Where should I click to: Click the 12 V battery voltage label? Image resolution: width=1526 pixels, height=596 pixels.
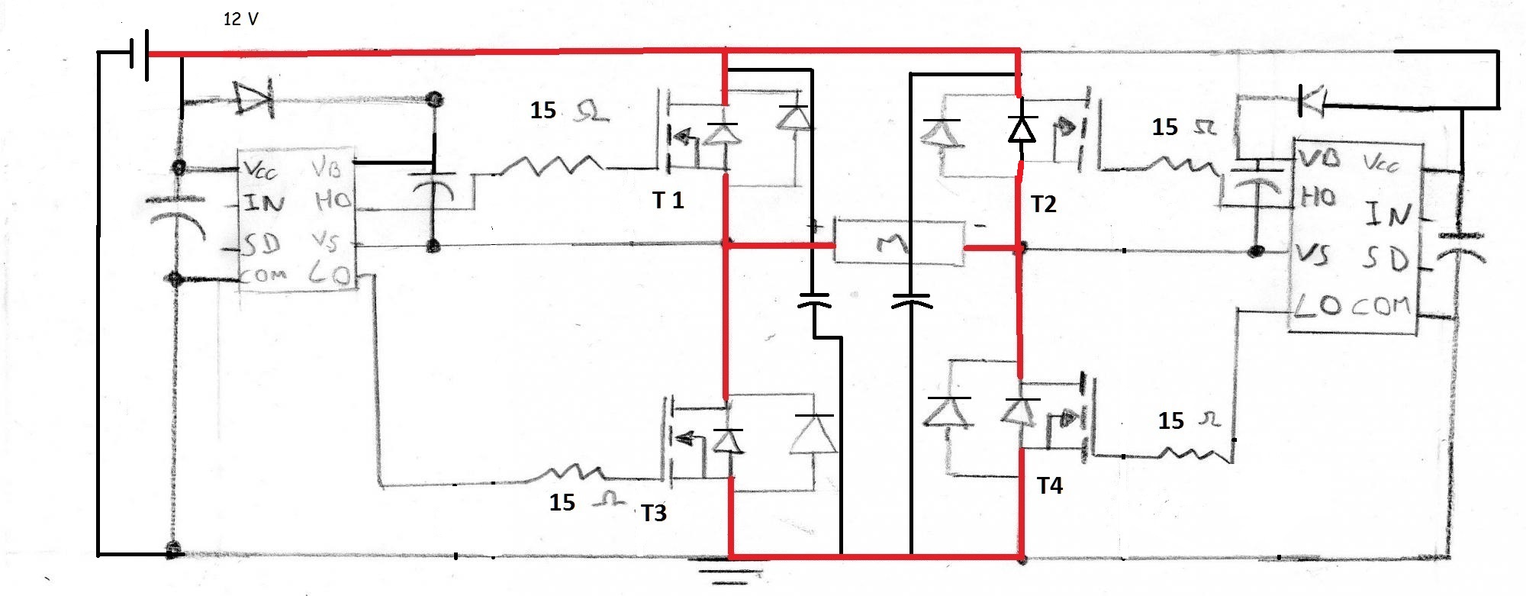(x=240, y=19)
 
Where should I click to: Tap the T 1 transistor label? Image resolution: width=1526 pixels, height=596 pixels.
(x=668, y=200)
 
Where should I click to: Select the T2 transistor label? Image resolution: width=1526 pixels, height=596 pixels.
(x=1043, y=204)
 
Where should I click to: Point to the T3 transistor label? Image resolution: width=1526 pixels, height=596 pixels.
(x=654, y=513)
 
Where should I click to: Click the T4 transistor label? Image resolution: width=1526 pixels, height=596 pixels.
(x=1050, y=485)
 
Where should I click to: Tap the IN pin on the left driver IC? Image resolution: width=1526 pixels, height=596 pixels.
(x=264, y=203)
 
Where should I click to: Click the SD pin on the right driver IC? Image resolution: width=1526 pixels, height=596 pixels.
(x=1385, y=259)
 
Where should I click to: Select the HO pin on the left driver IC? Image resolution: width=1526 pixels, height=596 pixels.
(x=333, y=201)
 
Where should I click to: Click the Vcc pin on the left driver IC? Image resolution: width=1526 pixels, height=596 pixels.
(x=260, y=169)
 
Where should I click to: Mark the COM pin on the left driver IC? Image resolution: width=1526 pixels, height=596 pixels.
(x=263, y=275)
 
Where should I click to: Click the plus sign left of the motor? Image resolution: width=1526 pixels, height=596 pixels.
(x=815, y=227)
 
